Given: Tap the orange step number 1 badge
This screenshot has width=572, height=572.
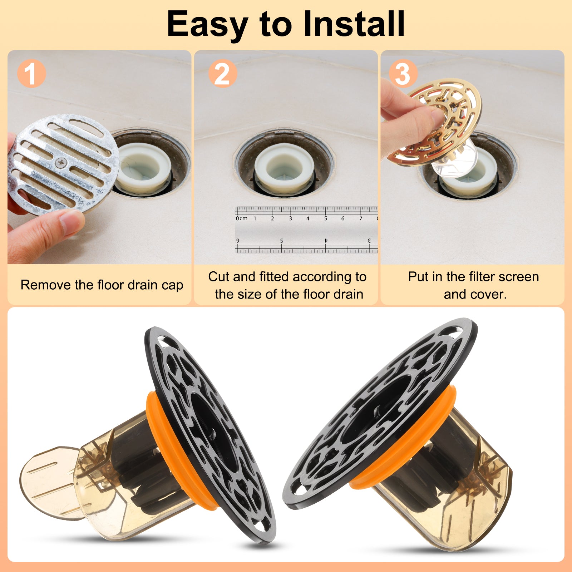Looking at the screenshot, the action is [x=31, y=73].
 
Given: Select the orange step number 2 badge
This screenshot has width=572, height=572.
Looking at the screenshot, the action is [x=222, y=73].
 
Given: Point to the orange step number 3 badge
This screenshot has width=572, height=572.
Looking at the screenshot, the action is [x=403, y=73].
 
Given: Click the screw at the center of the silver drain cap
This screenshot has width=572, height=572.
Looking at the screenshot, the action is [x=61, y=163].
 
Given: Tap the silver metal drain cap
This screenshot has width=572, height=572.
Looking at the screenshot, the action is [x=63, y=164].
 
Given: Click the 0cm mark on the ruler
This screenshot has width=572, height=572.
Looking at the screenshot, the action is [x=241, y=218].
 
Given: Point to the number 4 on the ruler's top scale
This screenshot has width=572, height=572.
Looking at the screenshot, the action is [x=308, y=218].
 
